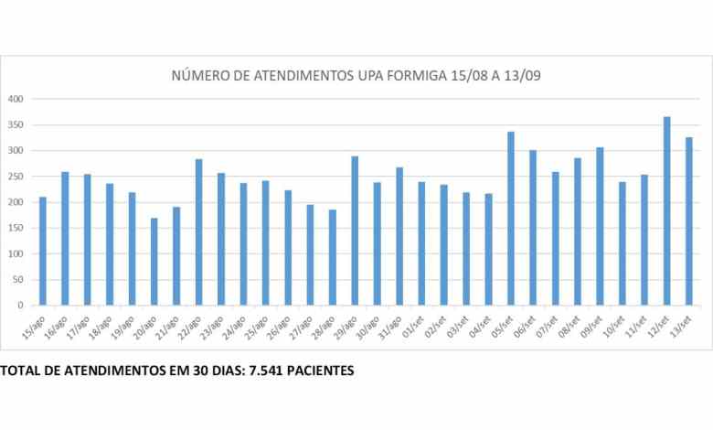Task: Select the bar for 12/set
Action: [666, 210]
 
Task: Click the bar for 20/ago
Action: [154, 262]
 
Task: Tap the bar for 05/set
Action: [511, 219]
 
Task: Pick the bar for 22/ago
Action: [198, 232]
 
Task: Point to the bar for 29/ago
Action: [355, 231]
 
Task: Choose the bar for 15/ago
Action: [43, 251]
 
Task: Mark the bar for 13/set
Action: [689, 221]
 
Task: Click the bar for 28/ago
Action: [333, 257]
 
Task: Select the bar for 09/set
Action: [600, 226]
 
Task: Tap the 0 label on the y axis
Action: [20, 306]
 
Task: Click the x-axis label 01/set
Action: [413, 327]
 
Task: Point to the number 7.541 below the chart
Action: [266, 371]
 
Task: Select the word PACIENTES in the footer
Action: [321, 371]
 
